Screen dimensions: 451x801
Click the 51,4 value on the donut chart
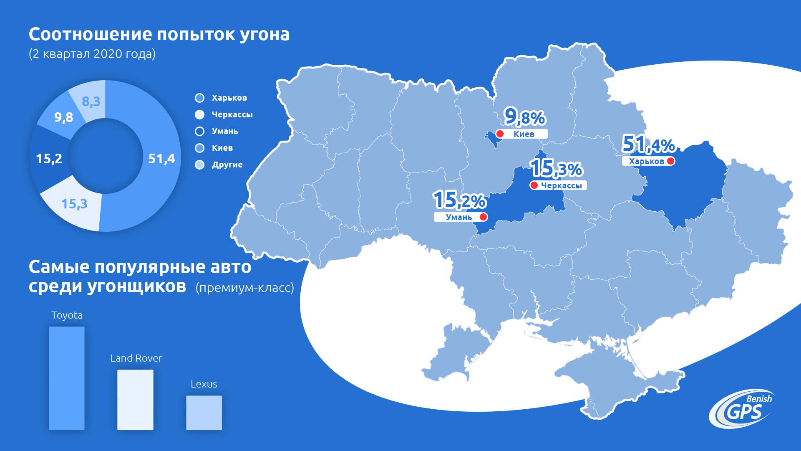[x=161, y=159]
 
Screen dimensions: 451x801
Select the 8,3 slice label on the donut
[x=91, y=101]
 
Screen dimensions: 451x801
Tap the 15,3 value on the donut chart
[x=74, y=204]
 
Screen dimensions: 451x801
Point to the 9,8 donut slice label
[x=63, y=117]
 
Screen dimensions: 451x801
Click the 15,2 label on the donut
[x=49, y=159]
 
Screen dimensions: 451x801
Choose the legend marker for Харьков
[x=200, y=98]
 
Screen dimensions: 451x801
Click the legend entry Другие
[x=227, y=165]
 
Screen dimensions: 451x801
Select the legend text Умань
[x=225, y=131]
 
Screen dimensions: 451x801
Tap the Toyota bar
[x=67, y=378]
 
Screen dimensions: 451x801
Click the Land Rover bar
[x=135, y=400]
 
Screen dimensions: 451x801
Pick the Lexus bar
[x=204, y=413]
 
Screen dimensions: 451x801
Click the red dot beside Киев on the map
[x=500, y=134]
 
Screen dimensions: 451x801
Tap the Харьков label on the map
[x=646, y=161]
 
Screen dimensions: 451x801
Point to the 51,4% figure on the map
[x=648, y=144]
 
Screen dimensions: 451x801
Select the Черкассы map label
[x=561, y=185]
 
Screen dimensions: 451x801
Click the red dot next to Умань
[x=483, y=217]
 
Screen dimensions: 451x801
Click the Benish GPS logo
[x=742, y=409]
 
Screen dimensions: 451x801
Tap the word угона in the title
[x=264, y=35]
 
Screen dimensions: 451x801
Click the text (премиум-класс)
[x=244, y=288]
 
